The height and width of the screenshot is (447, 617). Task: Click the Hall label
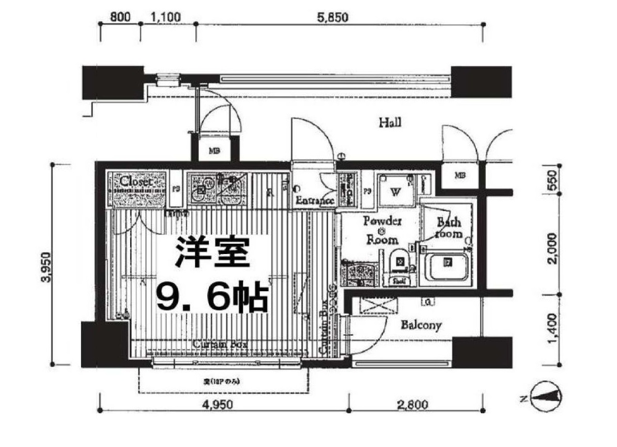[390, 123]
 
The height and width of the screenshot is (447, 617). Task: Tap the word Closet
[136, 182]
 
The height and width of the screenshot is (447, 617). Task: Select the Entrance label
[314, 201]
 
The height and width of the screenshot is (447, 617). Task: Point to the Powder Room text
[382, 230]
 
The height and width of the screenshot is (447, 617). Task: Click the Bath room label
[449, 228]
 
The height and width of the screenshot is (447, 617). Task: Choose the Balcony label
[422, 325]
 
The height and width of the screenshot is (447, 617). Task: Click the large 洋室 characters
[212, 252]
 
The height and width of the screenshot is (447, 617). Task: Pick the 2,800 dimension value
[413, 404]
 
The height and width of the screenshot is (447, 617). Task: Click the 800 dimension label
[119, 17]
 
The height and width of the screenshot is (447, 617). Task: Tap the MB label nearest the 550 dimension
[460, 175]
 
